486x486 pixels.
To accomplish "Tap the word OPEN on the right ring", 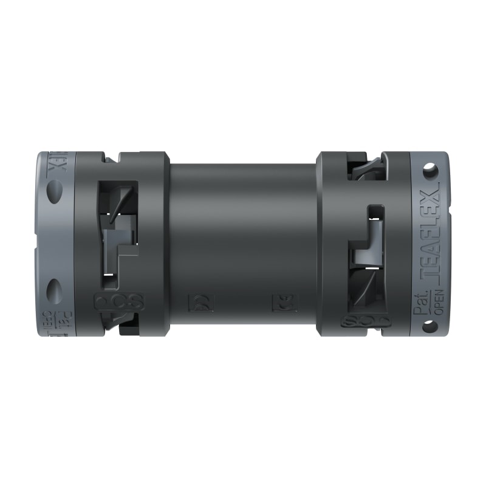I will pos(439,301).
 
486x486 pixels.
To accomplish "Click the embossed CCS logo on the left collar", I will pos(118,301).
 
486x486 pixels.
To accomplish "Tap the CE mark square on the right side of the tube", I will pos(284,301).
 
